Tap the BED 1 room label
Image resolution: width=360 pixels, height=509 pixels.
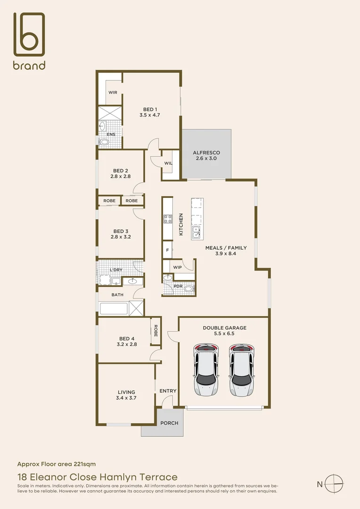point(150,109)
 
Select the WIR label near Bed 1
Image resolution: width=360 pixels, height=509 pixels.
point(113,92)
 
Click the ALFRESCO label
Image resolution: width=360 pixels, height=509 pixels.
point(206,153)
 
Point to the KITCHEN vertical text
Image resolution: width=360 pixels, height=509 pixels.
point(181,224)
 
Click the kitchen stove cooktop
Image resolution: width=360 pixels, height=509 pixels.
point(168,219)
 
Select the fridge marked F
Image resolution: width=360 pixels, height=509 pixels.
point(167,250)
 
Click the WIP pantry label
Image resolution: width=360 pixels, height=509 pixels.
point(178,267)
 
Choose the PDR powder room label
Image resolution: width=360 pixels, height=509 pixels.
point(179,286)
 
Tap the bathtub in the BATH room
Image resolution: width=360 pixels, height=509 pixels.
point(114,309)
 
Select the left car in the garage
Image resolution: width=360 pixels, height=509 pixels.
point(206,369)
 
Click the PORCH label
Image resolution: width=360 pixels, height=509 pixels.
point(170,423)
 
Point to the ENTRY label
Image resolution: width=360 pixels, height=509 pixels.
point(168,391)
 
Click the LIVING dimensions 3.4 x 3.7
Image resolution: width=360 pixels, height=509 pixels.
point(126,398)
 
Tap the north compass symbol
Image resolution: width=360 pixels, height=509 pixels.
point(334,483)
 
